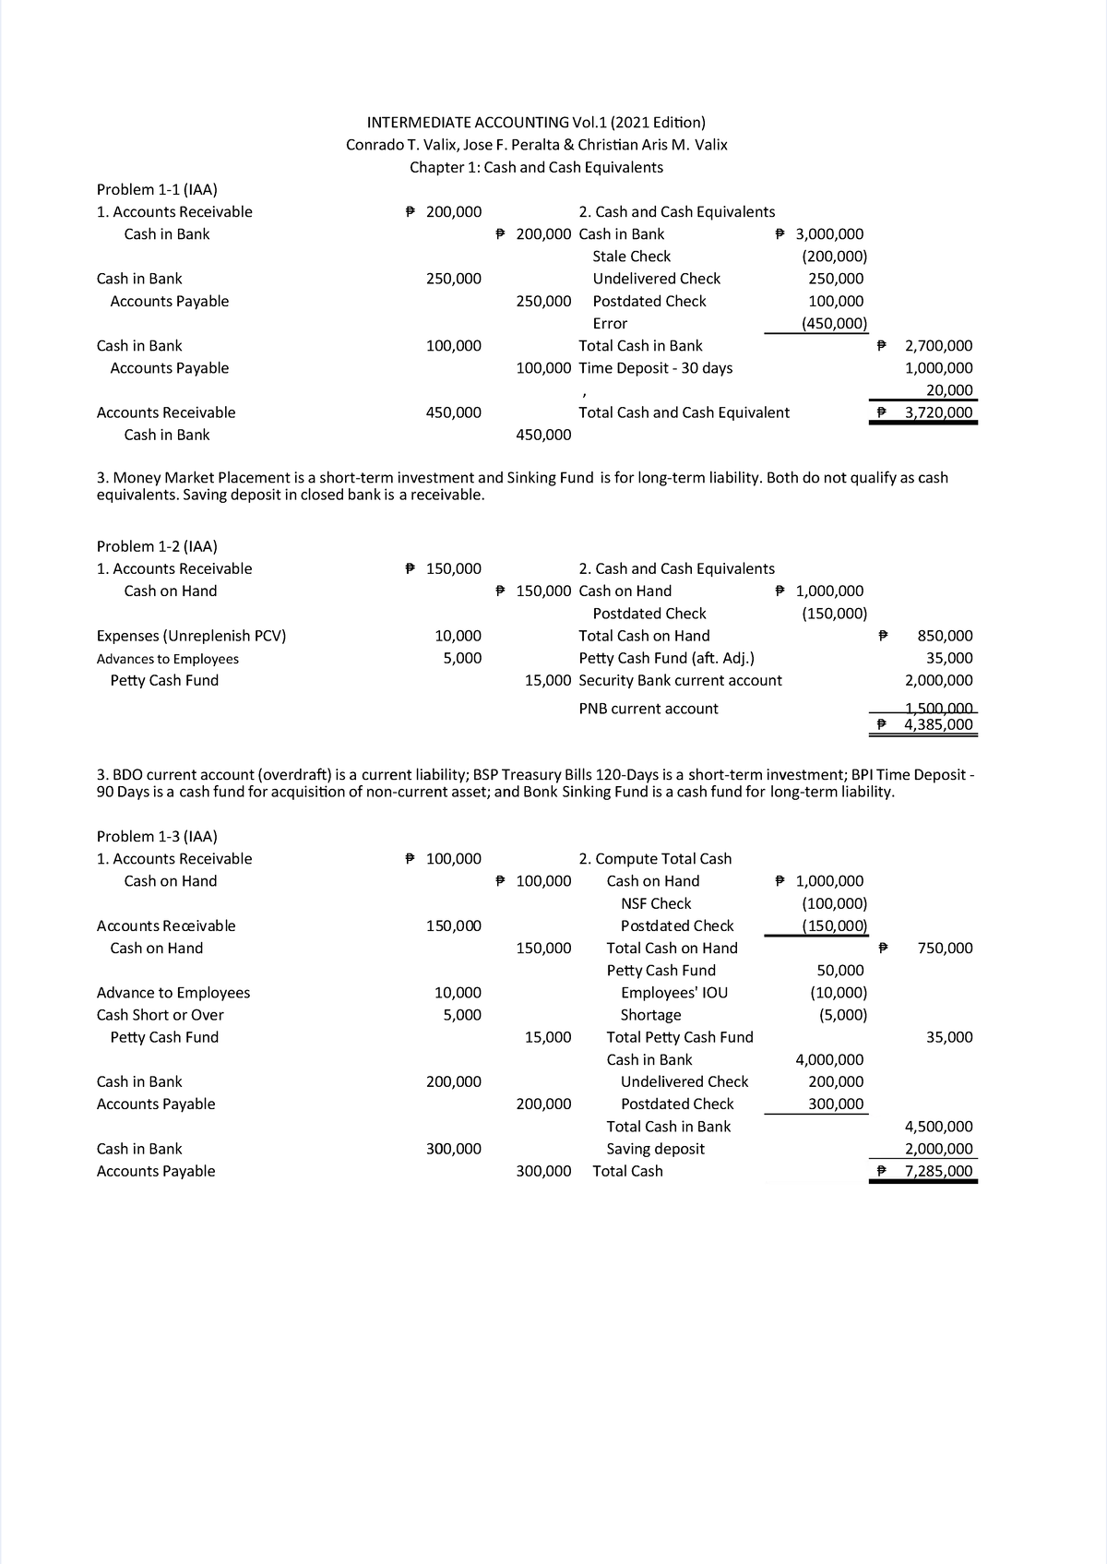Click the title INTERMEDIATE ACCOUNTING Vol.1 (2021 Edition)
point(536,122)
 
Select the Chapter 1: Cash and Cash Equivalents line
point(536,167)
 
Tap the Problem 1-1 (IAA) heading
point(157,189)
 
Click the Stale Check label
point(631,257)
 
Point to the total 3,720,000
point(938,412)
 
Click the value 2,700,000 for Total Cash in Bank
point(938,346)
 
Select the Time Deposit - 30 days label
point(655,368)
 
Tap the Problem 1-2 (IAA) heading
point(157,546)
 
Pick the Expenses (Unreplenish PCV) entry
point(191,636)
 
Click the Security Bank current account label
point(680,680)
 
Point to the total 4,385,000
point(938,724)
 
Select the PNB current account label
point(648,709)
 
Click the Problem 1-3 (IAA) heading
point(157,836)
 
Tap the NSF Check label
point(656,903)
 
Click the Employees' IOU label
point(674,993)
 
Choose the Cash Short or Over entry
point(160,1015)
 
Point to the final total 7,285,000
point(938,1171)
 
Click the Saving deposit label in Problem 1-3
point(655,1149)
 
